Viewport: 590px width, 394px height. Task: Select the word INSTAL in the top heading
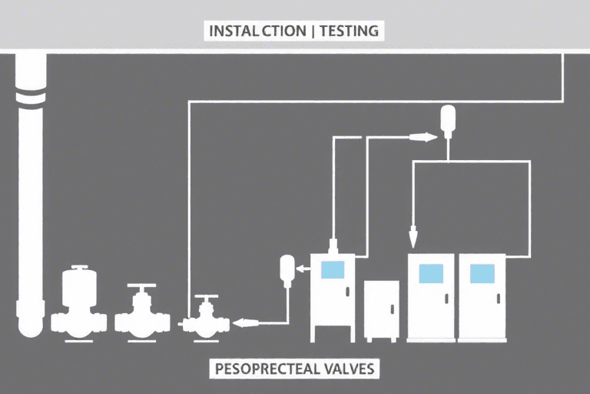tap(234, 32)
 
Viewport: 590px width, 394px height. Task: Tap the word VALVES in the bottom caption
tap(347, 369)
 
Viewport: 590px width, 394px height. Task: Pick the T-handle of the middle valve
tap(141, 289)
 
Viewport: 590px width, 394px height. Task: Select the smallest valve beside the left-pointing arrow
tap(203, 316)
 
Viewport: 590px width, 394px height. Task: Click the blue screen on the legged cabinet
tap(333, 269)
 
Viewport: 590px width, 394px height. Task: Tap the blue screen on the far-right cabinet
tap(482, 272)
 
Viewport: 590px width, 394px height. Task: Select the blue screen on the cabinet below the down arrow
tap(430, 272)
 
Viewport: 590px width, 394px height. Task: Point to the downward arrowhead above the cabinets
tap(413, 231)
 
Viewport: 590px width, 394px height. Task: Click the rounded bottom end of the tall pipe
tap(28, 326)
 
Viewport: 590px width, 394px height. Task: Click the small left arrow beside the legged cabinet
tap(304, 269)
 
